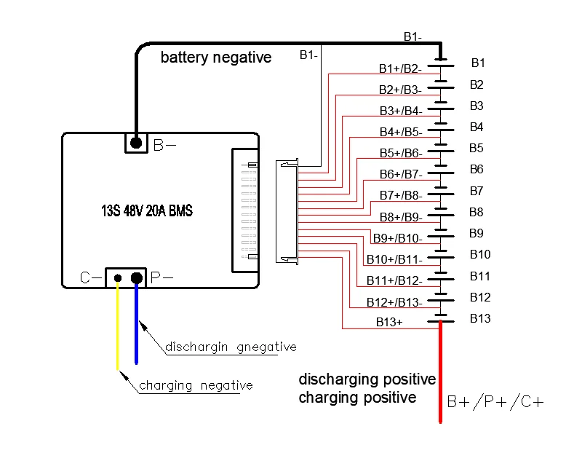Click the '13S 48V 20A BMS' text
[x=147, y=211]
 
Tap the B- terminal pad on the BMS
[x=135, y=143]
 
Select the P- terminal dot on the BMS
[x=136, y=277]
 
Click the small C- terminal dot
[x=117, y=277]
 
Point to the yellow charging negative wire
[x=117, y=328]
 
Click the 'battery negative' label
[x=216, y=58]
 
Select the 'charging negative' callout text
[x=196, y=385]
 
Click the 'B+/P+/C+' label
[x=495, y=403]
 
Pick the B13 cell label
[x=480, y=318]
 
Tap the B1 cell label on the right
[x=478, y=63]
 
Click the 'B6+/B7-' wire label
[x=400, y=175]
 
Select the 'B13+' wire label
[x=389, y=321]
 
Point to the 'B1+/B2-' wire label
[x=399, y=68]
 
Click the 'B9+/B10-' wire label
[x=397, y=238]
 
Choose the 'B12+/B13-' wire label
[x=394, y=302]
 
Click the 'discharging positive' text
[x=367, y=379]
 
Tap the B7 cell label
[x=477, y=191]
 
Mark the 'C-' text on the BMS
[x=90, y=278]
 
